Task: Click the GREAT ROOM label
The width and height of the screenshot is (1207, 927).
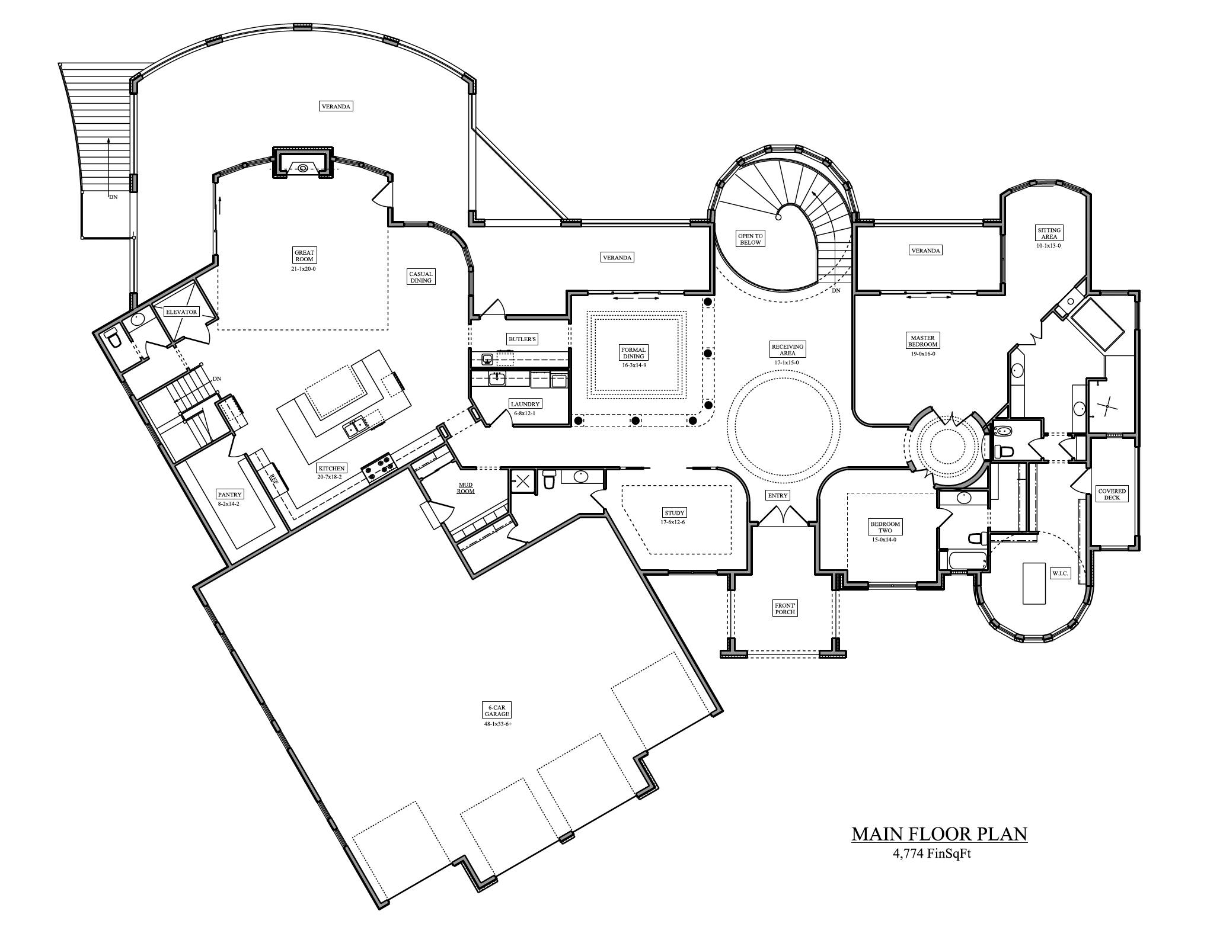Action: [x=305, y=256]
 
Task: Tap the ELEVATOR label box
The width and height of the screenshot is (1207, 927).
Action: [x=181, y=312]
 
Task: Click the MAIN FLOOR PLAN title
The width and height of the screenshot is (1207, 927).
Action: [x=939, y=835]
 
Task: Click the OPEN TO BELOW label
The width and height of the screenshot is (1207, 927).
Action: [x=750, y=239]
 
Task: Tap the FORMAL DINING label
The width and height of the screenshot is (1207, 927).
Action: [x=633, y=353]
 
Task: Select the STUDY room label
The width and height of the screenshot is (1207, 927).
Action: [x=675, y=512]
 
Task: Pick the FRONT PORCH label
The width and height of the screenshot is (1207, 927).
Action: [x=785, y=608]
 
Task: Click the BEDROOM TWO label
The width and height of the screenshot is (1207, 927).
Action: [x=885, y=527]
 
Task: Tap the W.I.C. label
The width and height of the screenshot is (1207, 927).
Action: [x=1060, y=573]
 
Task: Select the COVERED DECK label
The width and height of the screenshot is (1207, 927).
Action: [x=1112, y=494]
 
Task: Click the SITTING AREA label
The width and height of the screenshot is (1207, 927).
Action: [x=1049, y=233]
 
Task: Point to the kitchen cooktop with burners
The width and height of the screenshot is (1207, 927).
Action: [x=379, y=466]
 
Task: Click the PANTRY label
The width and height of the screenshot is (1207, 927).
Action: [x=229, y=495]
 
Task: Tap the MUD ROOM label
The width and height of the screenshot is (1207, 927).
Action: [x=465, y=487]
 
